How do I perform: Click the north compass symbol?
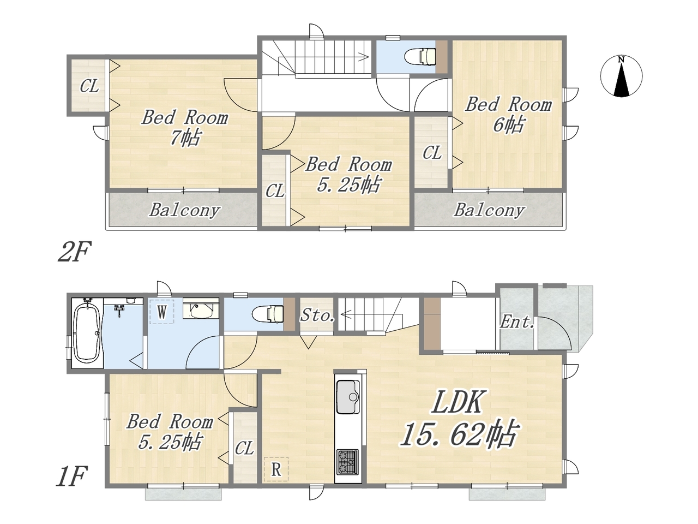point(621,76)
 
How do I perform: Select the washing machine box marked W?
point(162,312)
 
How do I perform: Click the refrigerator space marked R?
point(276,469)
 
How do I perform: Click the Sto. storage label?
point(317,315)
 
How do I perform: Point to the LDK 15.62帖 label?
point(458,419)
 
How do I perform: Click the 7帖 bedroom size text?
point(185,138)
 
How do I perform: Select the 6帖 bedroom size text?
point(508,124)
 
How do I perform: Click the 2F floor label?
point(74,251)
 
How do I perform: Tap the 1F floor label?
point(71,477)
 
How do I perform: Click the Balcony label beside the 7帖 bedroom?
point(185,210)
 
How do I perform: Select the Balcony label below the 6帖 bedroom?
point(489,210)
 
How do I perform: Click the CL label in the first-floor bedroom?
point(244,448)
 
